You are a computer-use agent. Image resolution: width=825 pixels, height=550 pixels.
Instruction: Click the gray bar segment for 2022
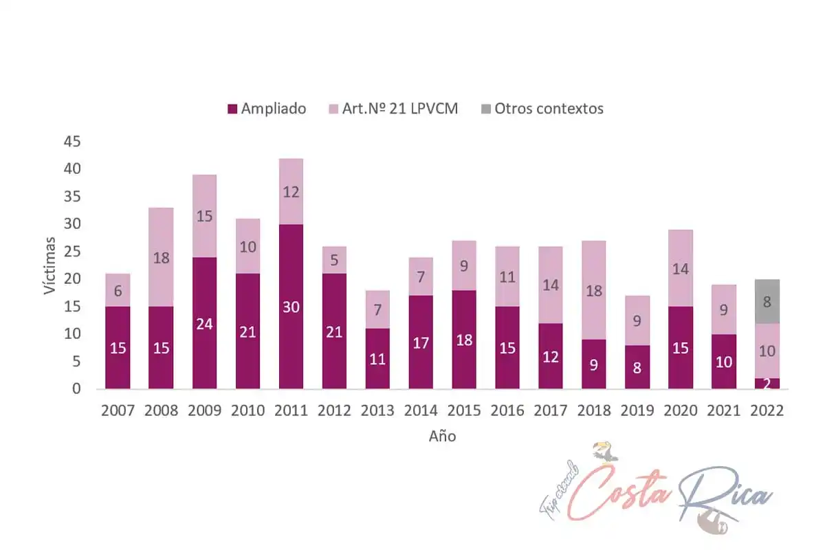point(767,302)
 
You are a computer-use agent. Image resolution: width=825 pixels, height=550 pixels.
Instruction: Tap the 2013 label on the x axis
point(377,411)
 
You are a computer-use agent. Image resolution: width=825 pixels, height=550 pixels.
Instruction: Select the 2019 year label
point(637,411)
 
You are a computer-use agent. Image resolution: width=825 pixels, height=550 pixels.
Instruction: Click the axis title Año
point(443,436)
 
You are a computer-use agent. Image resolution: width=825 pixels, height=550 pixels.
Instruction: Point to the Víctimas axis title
point(50,265)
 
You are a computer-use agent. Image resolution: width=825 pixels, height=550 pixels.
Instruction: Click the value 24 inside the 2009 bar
point(204,323)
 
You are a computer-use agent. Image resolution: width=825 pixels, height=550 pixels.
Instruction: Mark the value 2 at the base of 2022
point(767,384)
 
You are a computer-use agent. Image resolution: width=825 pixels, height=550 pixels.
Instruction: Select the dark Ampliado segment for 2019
point(637,367)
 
